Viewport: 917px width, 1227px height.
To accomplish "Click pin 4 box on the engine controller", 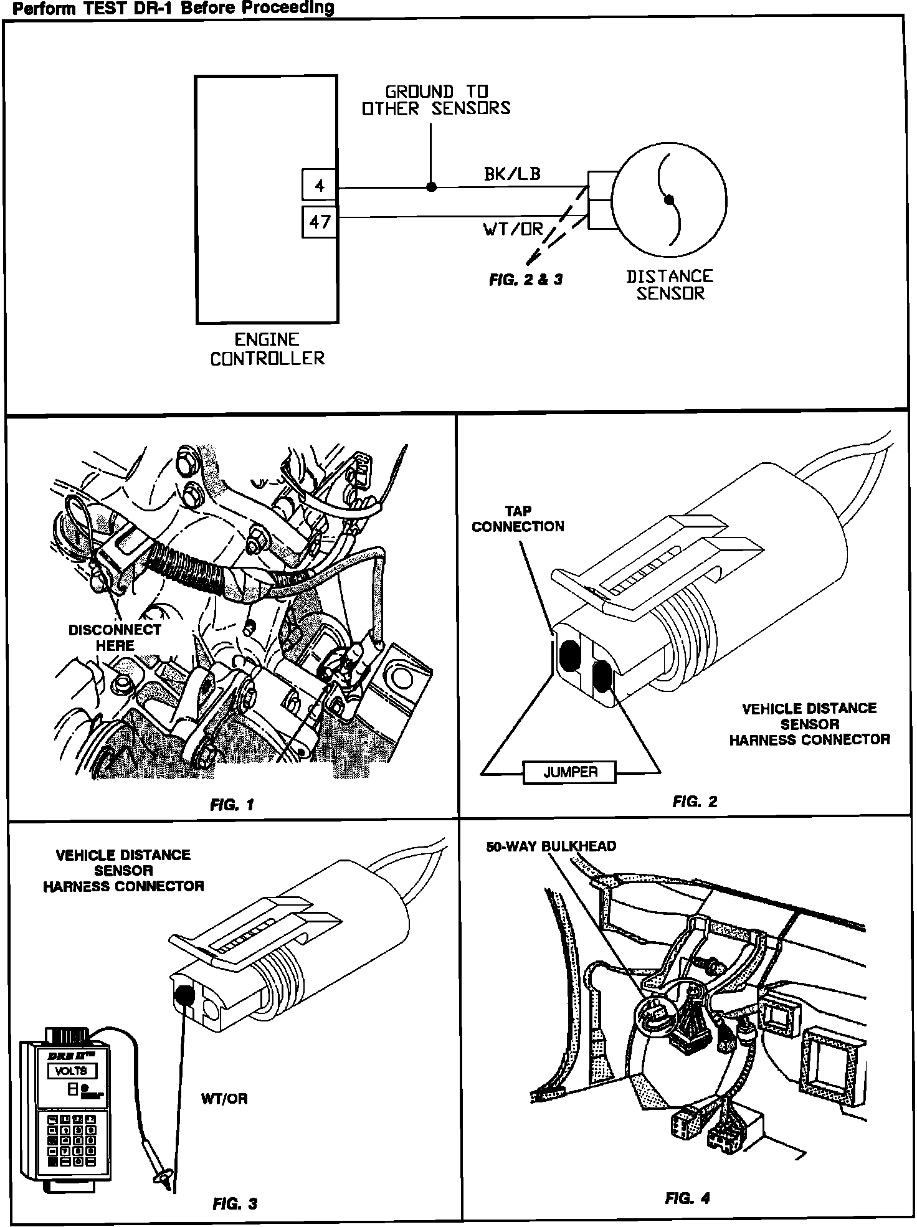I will point(319,186).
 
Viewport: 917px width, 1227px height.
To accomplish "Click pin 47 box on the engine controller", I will point(319,222).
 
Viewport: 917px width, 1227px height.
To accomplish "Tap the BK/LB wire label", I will point(512,174).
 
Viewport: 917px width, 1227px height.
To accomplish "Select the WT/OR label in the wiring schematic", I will point(513,229).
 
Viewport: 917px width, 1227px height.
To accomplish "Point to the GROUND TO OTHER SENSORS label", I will point(436,100).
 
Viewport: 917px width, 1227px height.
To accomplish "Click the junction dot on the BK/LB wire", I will point(431,187).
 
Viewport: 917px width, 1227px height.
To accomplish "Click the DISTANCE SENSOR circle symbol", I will point(669,200).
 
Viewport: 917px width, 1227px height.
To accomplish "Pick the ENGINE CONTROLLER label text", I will point(267,349).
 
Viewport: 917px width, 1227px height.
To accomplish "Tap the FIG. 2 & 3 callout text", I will point(525,280).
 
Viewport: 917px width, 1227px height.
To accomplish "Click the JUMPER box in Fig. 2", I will point(569,772).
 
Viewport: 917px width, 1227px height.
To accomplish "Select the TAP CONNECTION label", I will point(518,519).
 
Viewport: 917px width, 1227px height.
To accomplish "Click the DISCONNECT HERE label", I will point(115,637).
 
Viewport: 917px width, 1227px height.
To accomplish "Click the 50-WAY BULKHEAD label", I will point(551,846).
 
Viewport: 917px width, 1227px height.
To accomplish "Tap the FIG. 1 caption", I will point(232,805).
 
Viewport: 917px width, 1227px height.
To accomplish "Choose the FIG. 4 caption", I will point(687,1198).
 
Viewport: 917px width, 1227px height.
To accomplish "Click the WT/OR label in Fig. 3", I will point(224,1099).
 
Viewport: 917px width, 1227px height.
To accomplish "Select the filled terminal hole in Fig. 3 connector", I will point(184,997).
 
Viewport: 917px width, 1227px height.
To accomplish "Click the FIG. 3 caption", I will point(234,1204).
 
